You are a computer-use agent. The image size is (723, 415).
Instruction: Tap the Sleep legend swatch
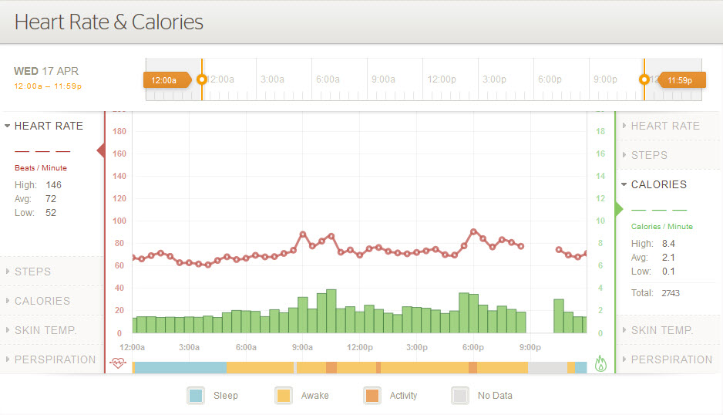[196, 396]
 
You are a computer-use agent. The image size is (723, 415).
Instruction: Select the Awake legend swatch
[284, 396]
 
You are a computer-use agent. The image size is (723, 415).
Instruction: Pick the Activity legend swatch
[372, 396]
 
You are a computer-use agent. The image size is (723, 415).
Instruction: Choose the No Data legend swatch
[460, 396]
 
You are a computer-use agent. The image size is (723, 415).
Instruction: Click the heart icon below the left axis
[118, 363]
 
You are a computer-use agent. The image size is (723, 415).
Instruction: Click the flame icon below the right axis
[601, 363]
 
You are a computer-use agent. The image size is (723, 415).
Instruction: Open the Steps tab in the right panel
[649, 155]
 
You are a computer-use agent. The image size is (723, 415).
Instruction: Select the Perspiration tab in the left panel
[55, 359]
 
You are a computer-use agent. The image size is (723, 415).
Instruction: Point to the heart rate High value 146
[53, 185]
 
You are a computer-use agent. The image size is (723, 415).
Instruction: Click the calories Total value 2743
[670, 293]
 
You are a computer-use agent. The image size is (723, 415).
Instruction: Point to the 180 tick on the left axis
[119, 131]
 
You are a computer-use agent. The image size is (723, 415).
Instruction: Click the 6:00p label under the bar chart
[473, 347]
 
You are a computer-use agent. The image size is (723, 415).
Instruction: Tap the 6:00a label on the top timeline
[328, 79]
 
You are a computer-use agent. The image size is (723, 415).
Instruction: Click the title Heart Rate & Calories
[109, 22]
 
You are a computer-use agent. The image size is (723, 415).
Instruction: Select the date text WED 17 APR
[47, 71]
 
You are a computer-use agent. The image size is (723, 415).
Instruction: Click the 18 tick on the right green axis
[600, 131]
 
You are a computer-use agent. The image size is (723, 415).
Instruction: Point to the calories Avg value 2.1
[668, 258]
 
